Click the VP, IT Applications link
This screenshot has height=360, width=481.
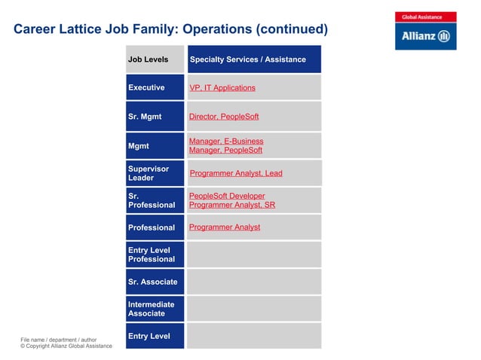click(x=222, y=88)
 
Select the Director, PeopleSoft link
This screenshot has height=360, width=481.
click(x=223, y=117)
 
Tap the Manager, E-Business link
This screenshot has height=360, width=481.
click(x=225, y=141)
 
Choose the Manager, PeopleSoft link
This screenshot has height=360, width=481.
click(x=225, y=151)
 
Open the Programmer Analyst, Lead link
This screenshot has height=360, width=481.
click(x=235, y=173)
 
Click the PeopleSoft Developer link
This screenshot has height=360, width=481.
click(x=226, y=196)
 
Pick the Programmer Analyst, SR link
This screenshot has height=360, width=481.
click(x=231, y=205)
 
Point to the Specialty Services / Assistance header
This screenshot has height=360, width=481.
click(x=247, y=59)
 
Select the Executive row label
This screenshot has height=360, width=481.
click(x=146, y=88)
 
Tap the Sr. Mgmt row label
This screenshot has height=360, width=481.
click(x=145, y=117)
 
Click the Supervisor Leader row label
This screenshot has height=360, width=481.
click(x=149, y=173)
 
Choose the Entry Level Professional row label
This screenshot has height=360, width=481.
click(x=151, y=255)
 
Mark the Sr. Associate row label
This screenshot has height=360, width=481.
click(x=153, y=282)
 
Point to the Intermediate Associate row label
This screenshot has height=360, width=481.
click(x=151, y=309)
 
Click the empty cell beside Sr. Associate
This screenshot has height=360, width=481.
click(x=253, y=282)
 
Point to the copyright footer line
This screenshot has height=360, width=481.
click(x=66, y=346)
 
